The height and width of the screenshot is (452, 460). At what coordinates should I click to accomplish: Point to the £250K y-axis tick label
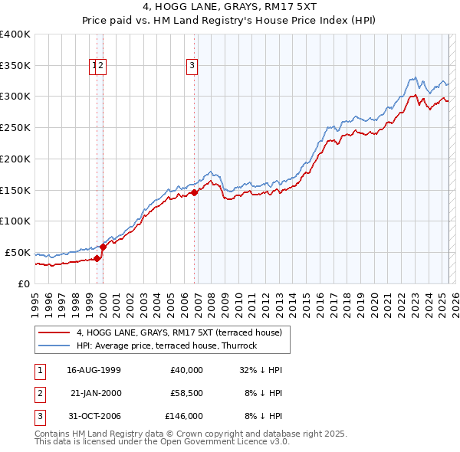(x=15, y=127)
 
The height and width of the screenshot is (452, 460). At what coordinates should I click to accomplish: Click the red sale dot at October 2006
(x=195, y=193)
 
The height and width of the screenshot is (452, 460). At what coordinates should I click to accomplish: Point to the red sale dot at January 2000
(x=103, y=247)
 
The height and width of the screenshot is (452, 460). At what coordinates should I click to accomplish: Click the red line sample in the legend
(x=54, y=332)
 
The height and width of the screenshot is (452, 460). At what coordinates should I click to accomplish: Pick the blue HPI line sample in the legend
(x=54, y=346)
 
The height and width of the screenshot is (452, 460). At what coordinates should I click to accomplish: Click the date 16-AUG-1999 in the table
(x=94, y=370)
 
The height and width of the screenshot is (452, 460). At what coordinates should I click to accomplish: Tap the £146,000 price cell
(x=184, y=416)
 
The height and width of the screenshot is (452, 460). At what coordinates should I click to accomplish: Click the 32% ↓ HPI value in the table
(x=261, y=370)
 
